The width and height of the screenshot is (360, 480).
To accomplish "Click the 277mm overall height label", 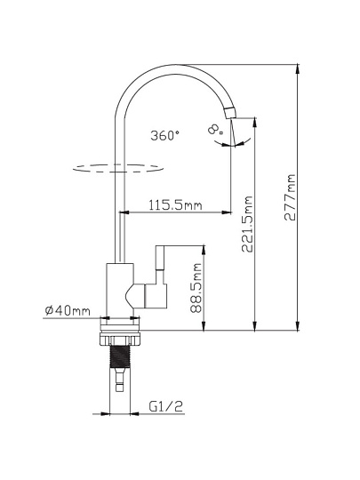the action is (290, 197).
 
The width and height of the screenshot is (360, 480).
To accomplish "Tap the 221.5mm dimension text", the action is (247, 224).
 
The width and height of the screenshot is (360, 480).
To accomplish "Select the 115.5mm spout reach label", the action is (175, 204).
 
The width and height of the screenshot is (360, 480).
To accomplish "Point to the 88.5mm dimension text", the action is (196, 288).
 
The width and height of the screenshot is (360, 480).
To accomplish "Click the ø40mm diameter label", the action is (68, 310).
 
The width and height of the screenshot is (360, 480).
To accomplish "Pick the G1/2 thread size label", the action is (165, 406).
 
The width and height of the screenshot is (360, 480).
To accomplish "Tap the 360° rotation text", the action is (164, 135).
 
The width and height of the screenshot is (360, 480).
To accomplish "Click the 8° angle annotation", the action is (215, 129).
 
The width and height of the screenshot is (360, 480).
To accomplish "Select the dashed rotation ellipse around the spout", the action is (118, 168).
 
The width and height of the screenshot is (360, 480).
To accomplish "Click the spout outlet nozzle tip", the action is (230, 113).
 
